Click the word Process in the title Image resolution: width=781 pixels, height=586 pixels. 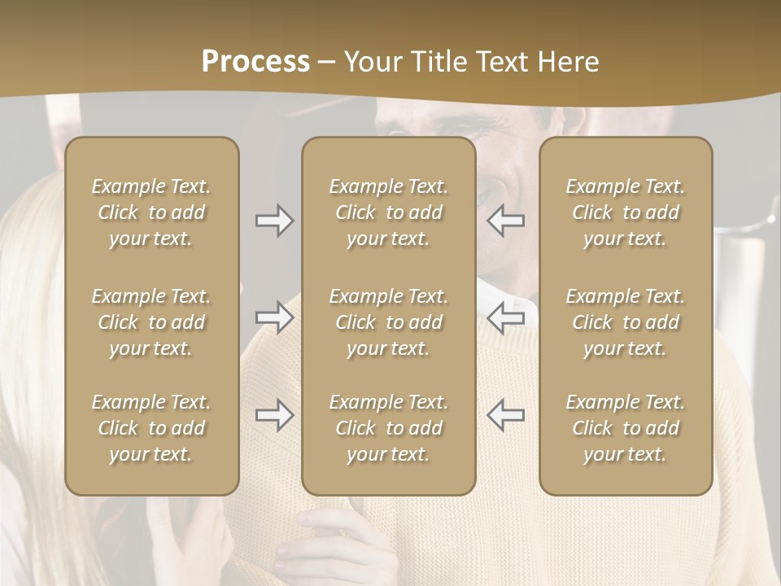tap(255, 62)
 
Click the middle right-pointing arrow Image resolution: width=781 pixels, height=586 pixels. tap(274, 318)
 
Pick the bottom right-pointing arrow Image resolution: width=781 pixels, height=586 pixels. tap(274, 415)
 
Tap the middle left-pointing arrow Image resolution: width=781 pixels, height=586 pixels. tap(506, 318)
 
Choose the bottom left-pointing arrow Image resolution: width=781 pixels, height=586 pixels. tap(506, 415)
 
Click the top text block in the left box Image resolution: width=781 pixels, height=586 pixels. tap(151, 212)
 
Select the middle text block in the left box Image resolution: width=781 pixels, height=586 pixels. tap(151, 322)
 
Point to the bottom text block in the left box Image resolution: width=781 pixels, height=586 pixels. tap(151, 428)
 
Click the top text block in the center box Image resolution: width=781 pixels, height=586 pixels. tap(388, 212)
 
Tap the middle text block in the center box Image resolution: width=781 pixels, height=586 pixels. tap(388, 322)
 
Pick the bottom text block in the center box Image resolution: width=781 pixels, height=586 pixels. tap(388, 428)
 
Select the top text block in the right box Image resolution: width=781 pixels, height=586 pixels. tap(625, 212)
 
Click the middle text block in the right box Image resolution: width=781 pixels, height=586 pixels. tap(625, 322)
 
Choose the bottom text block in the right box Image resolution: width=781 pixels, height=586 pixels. tap(625, 428)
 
